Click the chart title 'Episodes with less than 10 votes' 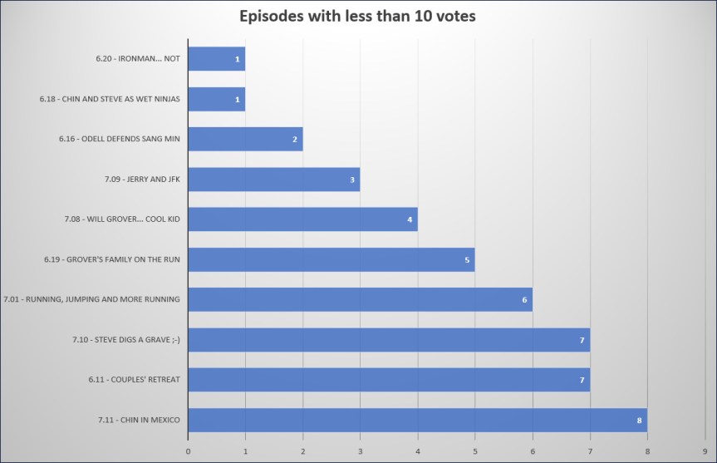[x=357, y=17]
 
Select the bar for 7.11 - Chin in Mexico [x=417, y=420]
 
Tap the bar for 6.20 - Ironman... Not [x=216, y=59]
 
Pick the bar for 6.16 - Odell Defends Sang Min [x=245, y=139]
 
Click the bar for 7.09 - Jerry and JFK [x=273, y=180]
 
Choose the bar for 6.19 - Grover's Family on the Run [x=331, y=259]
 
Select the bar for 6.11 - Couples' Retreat [x=388, y=380]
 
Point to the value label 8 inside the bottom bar [x=639, y=421]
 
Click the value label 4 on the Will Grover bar [x=410, y=219]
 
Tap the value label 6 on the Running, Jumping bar [x=524, y=299]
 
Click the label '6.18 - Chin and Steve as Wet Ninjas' [x=110, y=99]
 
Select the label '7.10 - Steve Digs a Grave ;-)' [x=126, y=339]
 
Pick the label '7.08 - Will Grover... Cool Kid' [x=122, y=219]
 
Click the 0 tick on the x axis [x=188, y=451]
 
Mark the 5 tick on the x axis [x=474, y=451]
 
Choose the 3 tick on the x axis [x=360, y=451]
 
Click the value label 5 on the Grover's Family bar [x=467, y=259]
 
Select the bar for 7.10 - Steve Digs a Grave [x=388, y=339]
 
